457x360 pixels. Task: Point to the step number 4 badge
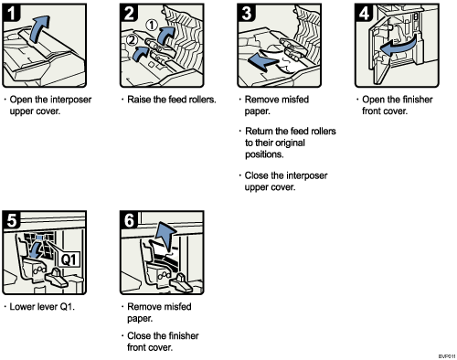pos(359,12)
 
